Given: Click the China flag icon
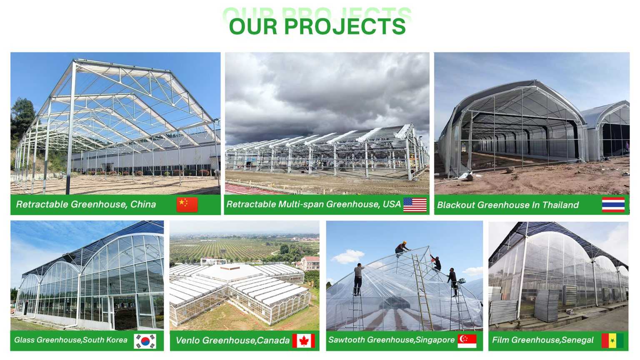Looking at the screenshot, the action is [x=187, y=205].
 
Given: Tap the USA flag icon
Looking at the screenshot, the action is [x=415, y=205].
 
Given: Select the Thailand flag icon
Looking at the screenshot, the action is [x=613, y=205].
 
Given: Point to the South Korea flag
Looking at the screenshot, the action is [x=145, y=341].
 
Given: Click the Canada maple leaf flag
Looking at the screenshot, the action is [x=303, y=341].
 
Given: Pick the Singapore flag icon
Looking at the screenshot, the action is [x=467, y=341].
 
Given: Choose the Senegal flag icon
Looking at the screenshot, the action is [x=612, y=340].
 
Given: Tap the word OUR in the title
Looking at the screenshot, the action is [x=253, y=27].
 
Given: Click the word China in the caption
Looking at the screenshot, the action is [x=143, y=204].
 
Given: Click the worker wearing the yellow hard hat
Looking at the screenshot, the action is [x=402, y=248].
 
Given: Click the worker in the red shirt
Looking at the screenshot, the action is [x=436, y=263].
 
